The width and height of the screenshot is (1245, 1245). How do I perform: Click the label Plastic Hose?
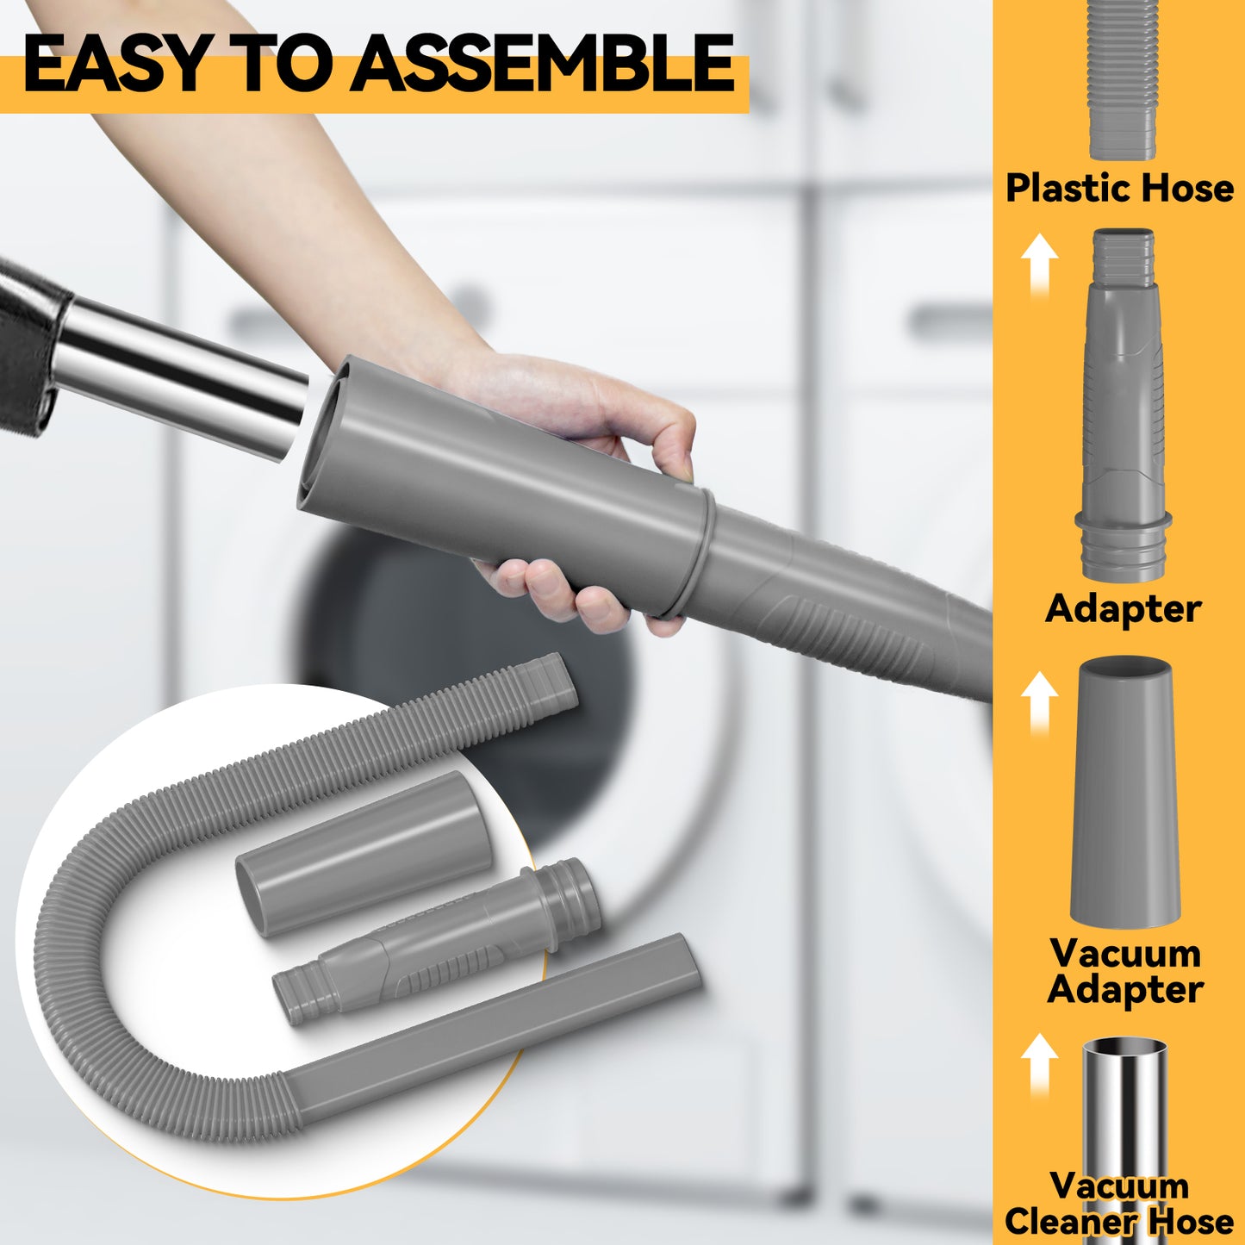(x=1119, y=189)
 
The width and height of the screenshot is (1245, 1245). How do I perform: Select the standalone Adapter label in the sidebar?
(x=1123, y=609)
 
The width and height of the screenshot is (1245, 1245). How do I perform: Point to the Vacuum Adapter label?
(x=1125, y=971)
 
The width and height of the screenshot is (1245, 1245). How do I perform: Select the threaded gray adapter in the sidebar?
(x=1123, y=404)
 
